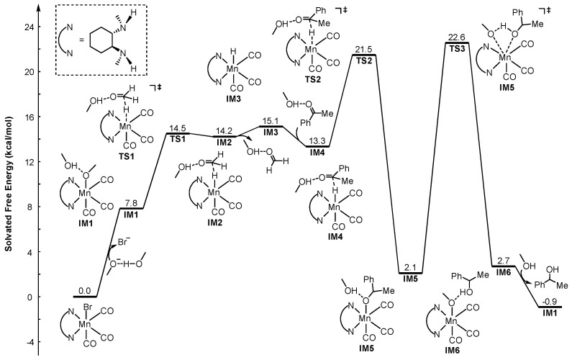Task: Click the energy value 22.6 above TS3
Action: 456,38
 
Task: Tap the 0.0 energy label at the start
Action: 85,291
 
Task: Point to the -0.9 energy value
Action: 549,302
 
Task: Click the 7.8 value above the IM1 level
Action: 131,203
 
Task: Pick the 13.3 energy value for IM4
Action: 317,141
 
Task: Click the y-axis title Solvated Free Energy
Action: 9,184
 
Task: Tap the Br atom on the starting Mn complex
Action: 89,307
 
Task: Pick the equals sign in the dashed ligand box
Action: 82,40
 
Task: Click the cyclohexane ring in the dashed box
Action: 102,40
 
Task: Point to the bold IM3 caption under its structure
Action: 232,99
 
